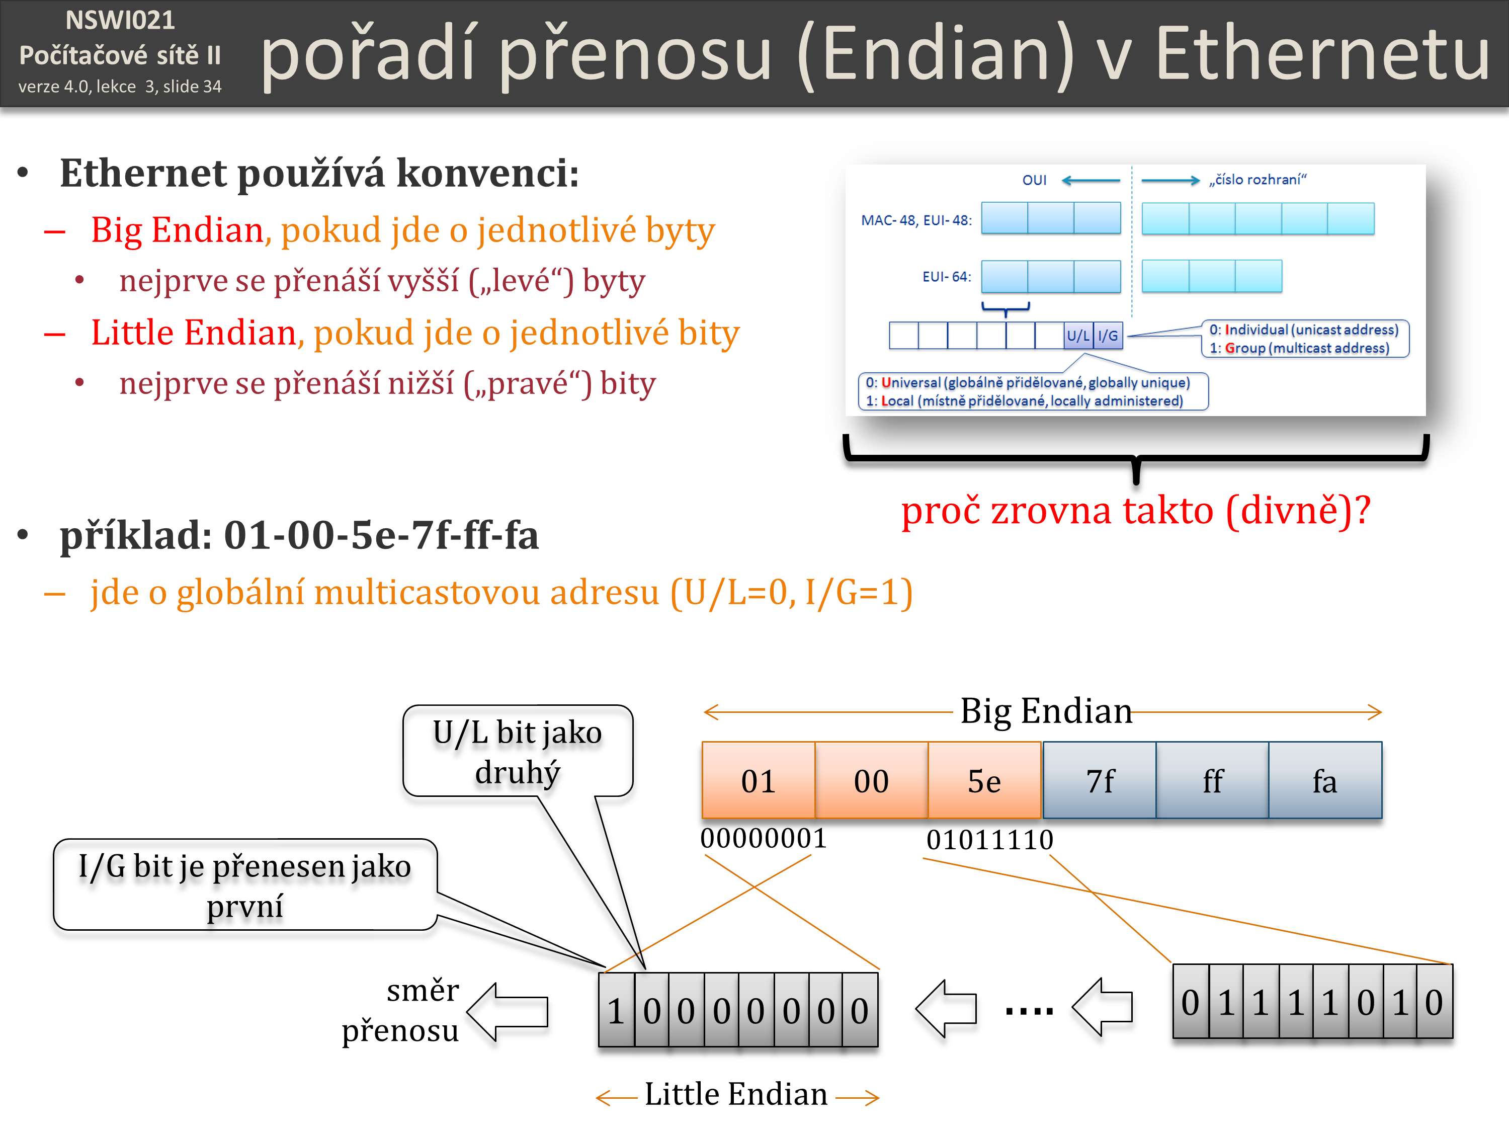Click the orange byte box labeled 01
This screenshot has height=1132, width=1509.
[758, 780]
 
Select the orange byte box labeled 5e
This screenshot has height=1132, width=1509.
[984, 780]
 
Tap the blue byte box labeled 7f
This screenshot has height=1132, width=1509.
[1099, 780]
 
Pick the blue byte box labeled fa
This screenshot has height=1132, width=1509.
[1325, 780]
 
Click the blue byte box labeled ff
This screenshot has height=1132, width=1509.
[1212, 780]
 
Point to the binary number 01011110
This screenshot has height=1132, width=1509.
[989, 839]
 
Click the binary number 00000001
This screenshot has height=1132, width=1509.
[764, 838]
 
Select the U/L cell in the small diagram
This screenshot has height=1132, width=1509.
[1078, 336]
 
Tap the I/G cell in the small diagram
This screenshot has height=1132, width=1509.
[1108, 336]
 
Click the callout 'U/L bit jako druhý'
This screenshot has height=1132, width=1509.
[518, 751]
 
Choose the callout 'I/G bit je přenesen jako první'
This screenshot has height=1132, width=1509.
[245, 885]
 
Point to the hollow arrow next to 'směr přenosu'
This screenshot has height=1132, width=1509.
[508, 1011]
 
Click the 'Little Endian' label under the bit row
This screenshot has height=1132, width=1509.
[736, 1094]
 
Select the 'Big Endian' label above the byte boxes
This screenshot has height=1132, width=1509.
[1046, 711]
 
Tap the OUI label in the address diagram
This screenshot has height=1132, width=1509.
[1034, 180]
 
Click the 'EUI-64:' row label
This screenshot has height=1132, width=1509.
[946, 276]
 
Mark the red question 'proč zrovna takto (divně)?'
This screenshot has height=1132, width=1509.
[1135, 511]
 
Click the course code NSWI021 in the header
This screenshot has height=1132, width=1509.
[120, 21]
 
